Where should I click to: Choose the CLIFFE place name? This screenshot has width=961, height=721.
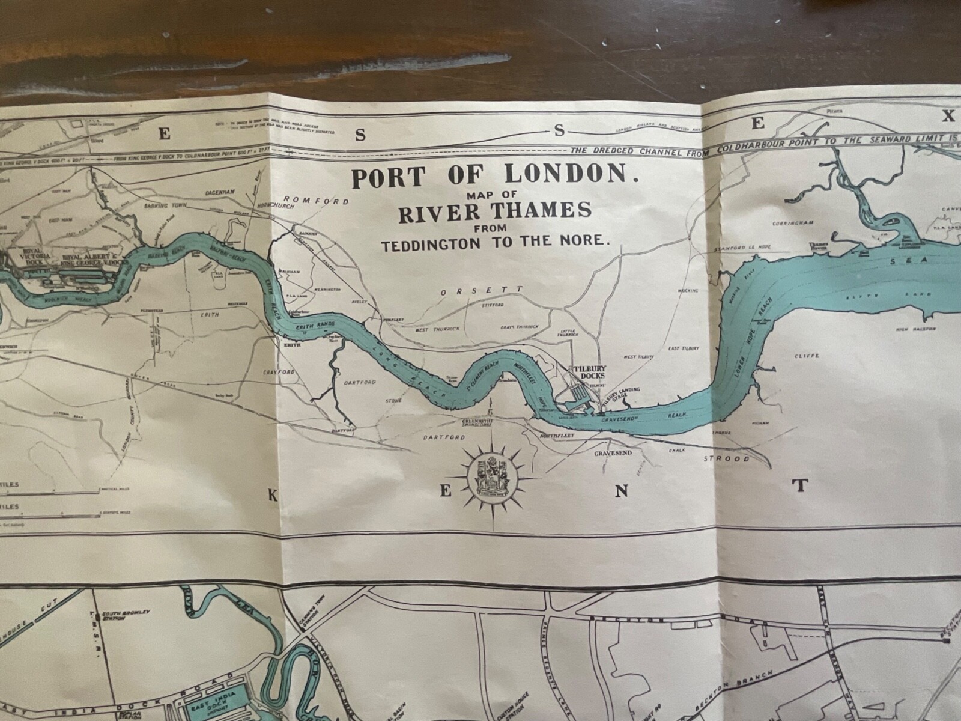click(x=807, y=356)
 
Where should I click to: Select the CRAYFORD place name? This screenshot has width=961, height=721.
click(x=278, y=373)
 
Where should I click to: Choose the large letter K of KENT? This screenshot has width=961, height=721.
click(x=273, y=494)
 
